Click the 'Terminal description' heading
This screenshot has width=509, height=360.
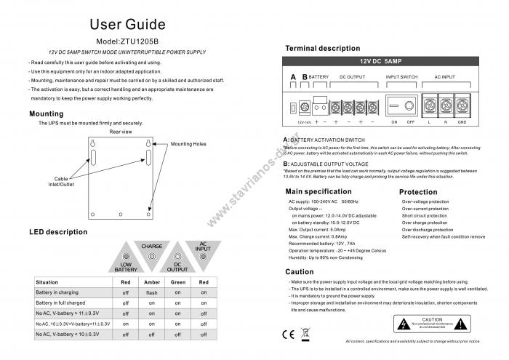[x=322, y=49]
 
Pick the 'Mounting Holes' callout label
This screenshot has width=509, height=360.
[x=188, y=144]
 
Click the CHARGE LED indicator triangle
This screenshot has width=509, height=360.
[x=152, y=252]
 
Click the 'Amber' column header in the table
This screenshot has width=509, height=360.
[x=151, y=281]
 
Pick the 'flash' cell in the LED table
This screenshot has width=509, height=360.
[x=151, y=292]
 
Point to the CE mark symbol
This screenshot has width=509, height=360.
[x=286, y=335]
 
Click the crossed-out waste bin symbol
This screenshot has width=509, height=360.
[x=305, y=335]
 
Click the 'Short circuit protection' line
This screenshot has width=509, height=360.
[x=425, y=216]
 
